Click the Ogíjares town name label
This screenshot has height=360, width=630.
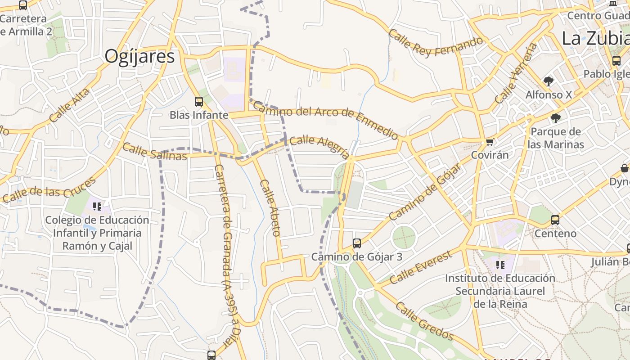pos(139,56)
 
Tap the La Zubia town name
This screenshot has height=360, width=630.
pos(595,38)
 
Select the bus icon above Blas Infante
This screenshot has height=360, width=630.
pos(198,102)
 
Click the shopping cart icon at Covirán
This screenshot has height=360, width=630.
pos(490,142)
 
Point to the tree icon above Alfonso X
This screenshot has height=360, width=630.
pos(548,81)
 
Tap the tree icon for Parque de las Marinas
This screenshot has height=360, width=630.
pos(556,118)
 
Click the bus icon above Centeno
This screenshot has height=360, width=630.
pos(555,220)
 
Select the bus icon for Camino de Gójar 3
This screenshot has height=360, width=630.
pos(357,243)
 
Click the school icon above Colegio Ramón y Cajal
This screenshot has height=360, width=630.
pos(97,207)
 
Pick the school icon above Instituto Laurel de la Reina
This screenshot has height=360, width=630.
pos(500,265)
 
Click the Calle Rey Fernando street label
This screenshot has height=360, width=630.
pos(435,43)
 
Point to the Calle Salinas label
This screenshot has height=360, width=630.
pos(154,152)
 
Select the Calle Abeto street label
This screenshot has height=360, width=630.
pos(270,208)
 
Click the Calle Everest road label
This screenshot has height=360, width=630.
pos(420,268)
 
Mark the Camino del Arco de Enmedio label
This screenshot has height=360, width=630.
pos(325,119)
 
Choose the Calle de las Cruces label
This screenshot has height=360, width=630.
pos(49,190)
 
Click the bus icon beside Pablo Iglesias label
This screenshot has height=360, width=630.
pos(616,61)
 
